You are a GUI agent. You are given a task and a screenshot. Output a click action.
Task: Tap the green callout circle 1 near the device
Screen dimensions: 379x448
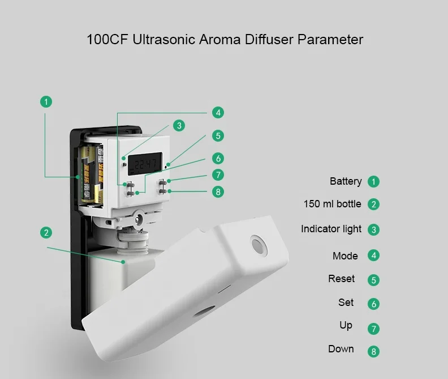pos(46,102)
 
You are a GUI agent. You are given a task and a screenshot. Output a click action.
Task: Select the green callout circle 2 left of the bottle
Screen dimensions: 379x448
pos(46,233)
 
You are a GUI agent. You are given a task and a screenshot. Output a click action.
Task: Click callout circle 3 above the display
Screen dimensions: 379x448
pos(179,126)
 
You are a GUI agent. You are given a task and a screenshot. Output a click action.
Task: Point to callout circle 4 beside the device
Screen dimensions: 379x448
pos(218,112)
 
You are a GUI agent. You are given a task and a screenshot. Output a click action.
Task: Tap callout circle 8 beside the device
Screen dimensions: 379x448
pos(218,191)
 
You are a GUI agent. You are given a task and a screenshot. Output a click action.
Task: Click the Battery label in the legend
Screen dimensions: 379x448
pos(346,181)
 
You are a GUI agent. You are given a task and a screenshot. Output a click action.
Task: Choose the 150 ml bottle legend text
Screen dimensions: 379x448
pos(332,204)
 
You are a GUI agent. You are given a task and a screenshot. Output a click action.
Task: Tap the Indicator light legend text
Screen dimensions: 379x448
pos(331,229)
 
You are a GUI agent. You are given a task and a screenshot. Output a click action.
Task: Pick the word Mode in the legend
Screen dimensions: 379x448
pos(345,256)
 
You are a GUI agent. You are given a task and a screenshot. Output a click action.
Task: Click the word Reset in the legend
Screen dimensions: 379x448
pos(342,279)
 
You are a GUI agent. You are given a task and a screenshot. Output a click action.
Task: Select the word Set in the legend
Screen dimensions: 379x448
pos(346,303)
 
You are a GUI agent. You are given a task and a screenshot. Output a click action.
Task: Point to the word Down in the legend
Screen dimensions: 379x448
pos(341,349)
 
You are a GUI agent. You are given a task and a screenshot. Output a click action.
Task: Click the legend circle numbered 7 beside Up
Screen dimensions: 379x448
pos(373,329)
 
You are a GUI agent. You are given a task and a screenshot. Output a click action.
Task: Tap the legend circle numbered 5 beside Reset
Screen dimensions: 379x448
pos(373,280)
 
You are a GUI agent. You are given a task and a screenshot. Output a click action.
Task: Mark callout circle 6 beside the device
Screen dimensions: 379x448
pos(218,158)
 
